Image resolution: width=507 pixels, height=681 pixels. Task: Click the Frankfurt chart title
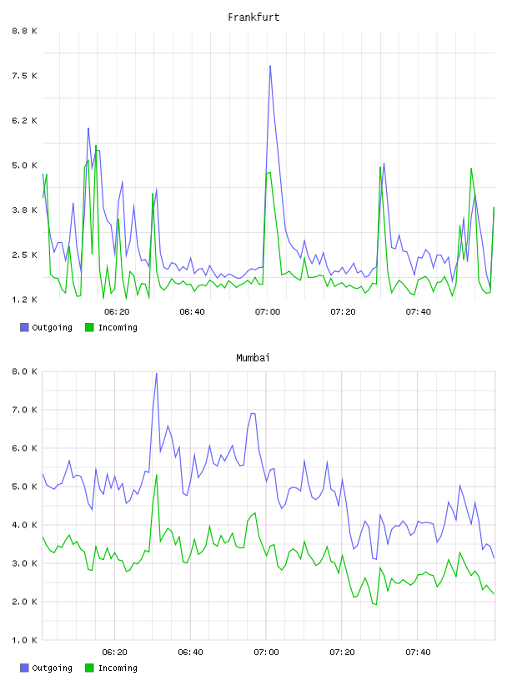pos(254,18)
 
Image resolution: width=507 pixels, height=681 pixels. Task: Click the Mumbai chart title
pos(253,358)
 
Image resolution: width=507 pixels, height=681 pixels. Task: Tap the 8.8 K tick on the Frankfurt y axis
pos(25,31)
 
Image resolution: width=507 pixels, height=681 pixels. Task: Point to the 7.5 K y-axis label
pos(25,76)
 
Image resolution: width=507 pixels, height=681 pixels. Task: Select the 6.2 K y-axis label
pos(25,120)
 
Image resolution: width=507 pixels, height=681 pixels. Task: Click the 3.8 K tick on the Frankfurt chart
pos(25,209)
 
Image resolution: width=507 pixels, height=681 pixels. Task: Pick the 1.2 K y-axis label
pos(25,300)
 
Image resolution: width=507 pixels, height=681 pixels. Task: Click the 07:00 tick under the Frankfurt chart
pos(268,311)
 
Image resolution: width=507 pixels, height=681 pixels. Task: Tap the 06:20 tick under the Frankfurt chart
pos(117,311)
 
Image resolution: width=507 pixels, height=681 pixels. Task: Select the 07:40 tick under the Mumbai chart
pos(418,652)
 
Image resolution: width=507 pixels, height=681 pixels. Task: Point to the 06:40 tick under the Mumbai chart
pos(191,652)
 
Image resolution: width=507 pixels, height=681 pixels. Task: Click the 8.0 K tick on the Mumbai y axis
pos(25,371)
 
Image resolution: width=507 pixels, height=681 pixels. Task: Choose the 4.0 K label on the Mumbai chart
pos(25,525)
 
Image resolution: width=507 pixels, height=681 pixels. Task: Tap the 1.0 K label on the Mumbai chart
pos(25,640)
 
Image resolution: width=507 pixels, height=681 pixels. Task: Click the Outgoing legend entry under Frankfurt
pos(46,327)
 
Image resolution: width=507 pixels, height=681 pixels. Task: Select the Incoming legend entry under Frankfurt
pos(111,327)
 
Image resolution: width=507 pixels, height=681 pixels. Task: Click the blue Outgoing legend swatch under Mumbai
pos(24,668)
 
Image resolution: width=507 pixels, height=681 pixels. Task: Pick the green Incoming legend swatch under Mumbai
pos(89,668)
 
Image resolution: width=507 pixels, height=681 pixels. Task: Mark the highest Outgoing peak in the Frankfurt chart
pos(270,66)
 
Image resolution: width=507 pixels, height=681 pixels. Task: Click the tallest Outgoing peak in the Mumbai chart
pos(157,373)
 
